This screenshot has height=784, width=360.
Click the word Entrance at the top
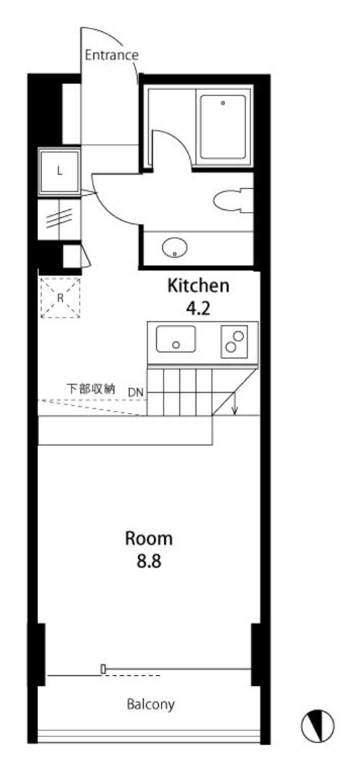111,55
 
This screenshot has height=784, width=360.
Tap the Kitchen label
198,286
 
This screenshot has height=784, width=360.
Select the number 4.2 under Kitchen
198,310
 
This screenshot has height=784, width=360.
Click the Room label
149,539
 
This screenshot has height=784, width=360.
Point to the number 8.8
149,562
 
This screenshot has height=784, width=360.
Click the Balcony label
151,705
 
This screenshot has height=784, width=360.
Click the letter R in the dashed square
60,298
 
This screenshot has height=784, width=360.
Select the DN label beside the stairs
135,393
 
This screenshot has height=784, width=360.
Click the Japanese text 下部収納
91,388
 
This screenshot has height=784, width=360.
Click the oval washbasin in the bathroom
175,247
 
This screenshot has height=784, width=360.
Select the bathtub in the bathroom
223,127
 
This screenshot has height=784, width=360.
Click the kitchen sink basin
175,339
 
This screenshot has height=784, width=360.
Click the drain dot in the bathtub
223,103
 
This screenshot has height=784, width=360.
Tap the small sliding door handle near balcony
103,669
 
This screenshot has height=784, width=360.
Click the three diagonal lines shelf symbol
59,219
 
